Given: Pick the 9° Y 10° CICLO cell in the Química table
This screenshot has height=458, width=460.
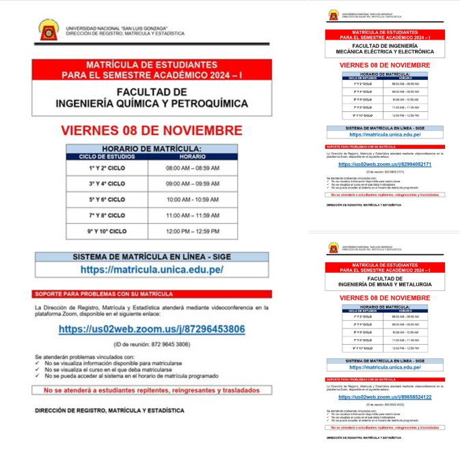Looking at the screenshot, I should point(107,231).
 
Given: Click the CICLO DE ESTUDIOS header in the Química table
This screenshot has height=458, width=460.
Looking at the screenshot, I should point(107,156).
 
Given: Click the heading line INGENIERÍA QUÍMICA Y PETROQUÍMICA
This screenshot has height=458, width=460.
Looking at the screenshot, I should point(152,104).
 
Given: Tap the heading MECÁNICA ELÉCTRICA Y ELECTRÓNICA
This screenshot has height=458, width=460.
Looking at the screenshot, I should point(385,51).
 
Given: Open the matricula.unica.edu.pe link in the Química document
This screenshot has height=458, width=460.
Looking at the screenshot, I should point(152,270).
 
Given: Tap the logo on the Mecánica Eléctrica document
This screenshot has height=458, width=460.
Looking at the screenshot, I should point(333,15).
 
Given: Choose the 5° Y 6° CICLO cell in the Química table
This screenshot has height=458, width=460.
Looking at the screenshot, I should point(107,199).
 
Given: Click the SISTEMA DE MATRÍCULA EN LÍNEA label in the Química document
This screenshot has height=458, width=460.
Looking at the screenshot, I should point(152,257).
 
